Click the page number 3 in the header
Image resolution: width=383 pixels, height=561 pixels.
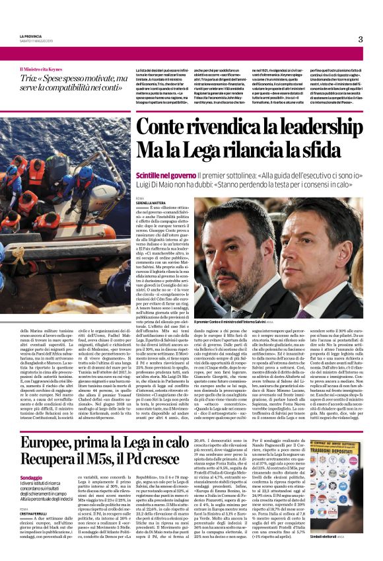point(361,39)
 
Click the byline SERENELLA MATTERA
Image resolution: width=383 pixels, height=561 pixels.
point(151,203)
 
